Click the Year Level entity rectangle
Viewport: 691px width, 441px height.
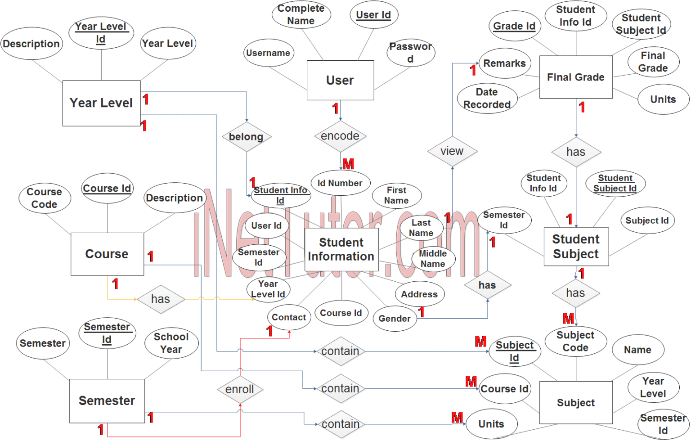tap(102, 103)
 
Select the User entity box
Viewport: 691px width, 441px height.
tap(340, 80)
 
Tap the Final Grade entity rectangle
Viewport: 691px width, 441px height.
tap(576, 77)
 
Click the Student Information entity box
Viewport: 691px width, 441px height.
tap(341, 250)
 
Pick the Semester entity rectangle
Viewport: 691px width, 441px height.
tap(107, 401)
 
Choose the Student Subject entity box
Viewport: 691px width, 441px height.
tap(576, 247)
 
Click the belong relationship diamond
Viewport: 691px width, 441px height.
tap(247, 137)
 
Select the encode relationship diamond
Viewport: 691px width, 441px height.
tap(340, 136)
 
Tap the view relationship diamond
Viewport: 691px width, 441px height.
tap(452, 151)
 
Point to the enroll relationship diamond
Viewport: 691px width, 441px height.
tap(240, 389)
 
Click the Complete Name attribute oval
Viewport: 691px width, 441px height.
tap(301, 14)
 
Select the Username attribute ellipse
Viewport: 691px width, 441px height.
tap(269, 53)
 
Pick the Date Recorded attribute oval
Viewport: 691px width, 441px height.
tap(487, 99)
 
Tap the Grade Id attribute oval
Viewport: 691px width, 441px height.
tap(514, 26)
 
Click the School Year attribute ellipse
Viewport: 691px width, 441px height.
tap(171, 343)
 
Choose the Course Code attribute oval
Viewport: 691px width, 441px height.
tap(45, 198)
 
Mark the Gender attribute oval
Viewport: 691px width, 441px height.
tap(395, 319)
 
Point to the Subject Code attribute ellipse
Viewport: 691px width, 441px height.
tap(576, 341)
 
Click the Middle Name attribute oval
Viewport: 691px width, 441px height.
tap(433, 259)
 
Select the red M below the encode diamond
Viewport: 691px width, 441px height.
tap(348, 164)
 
